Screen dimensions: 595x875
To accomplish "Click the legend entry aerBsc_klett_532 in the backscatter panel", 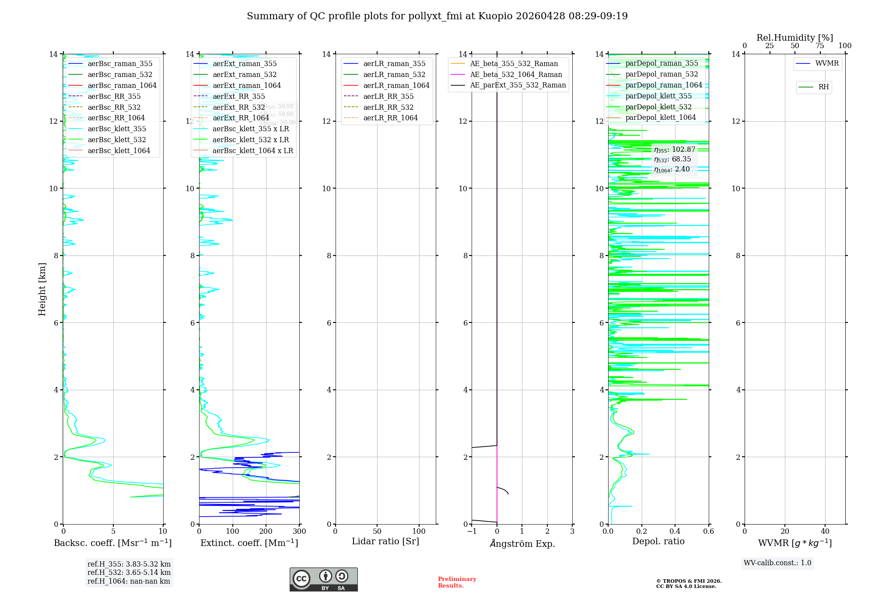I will click(117, 140).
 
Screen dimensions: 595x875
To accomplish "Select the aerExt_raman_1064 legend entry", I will click(247, 86).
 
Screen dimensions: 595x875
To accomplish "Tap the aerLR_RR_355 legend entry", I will click(388, 97).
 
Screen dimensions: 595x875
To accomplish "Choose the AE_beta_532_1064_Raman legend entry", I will click(516, 75).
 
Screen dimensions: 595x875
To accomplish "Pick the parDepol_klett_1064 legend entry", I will click(660, 118).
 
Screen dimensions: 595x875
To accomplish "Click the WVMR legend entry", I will click(827, 64).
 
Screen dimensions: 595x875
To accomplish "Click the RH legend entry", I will click(823, 87).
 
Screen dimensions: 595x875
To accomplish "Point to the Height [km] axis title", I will click(42, 289).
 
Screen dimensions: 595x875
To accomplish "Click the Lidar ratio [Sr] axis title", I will click(385, 542).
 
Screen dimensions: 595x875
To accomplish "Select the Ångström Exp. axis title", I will click(522, 544).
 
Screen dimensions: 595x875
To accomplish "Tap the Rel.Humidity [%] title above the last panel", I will click(794, 38).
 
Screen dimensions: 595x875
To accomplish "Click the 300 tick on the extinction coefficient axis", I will click(300, 532).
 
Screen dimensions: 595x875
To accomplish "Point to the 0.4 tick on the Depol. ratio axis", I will click(675, 532).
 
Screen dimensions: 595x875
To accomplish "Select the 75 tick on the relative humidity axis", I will click(820, 46).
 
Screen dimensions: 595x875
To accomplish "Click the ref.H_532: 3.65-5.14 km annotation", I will click(129, 573).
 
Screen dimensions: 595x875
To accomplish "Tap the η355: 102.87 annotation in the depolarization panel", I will click(674, 150).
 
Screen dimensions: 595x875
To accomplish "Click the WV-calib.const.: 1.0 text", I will click(777, 563).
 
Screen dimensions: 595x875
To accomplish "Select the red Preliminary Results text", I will click(457, 582).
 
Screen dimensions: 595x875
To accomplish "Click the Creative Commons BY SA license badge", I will click(323, 580).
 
